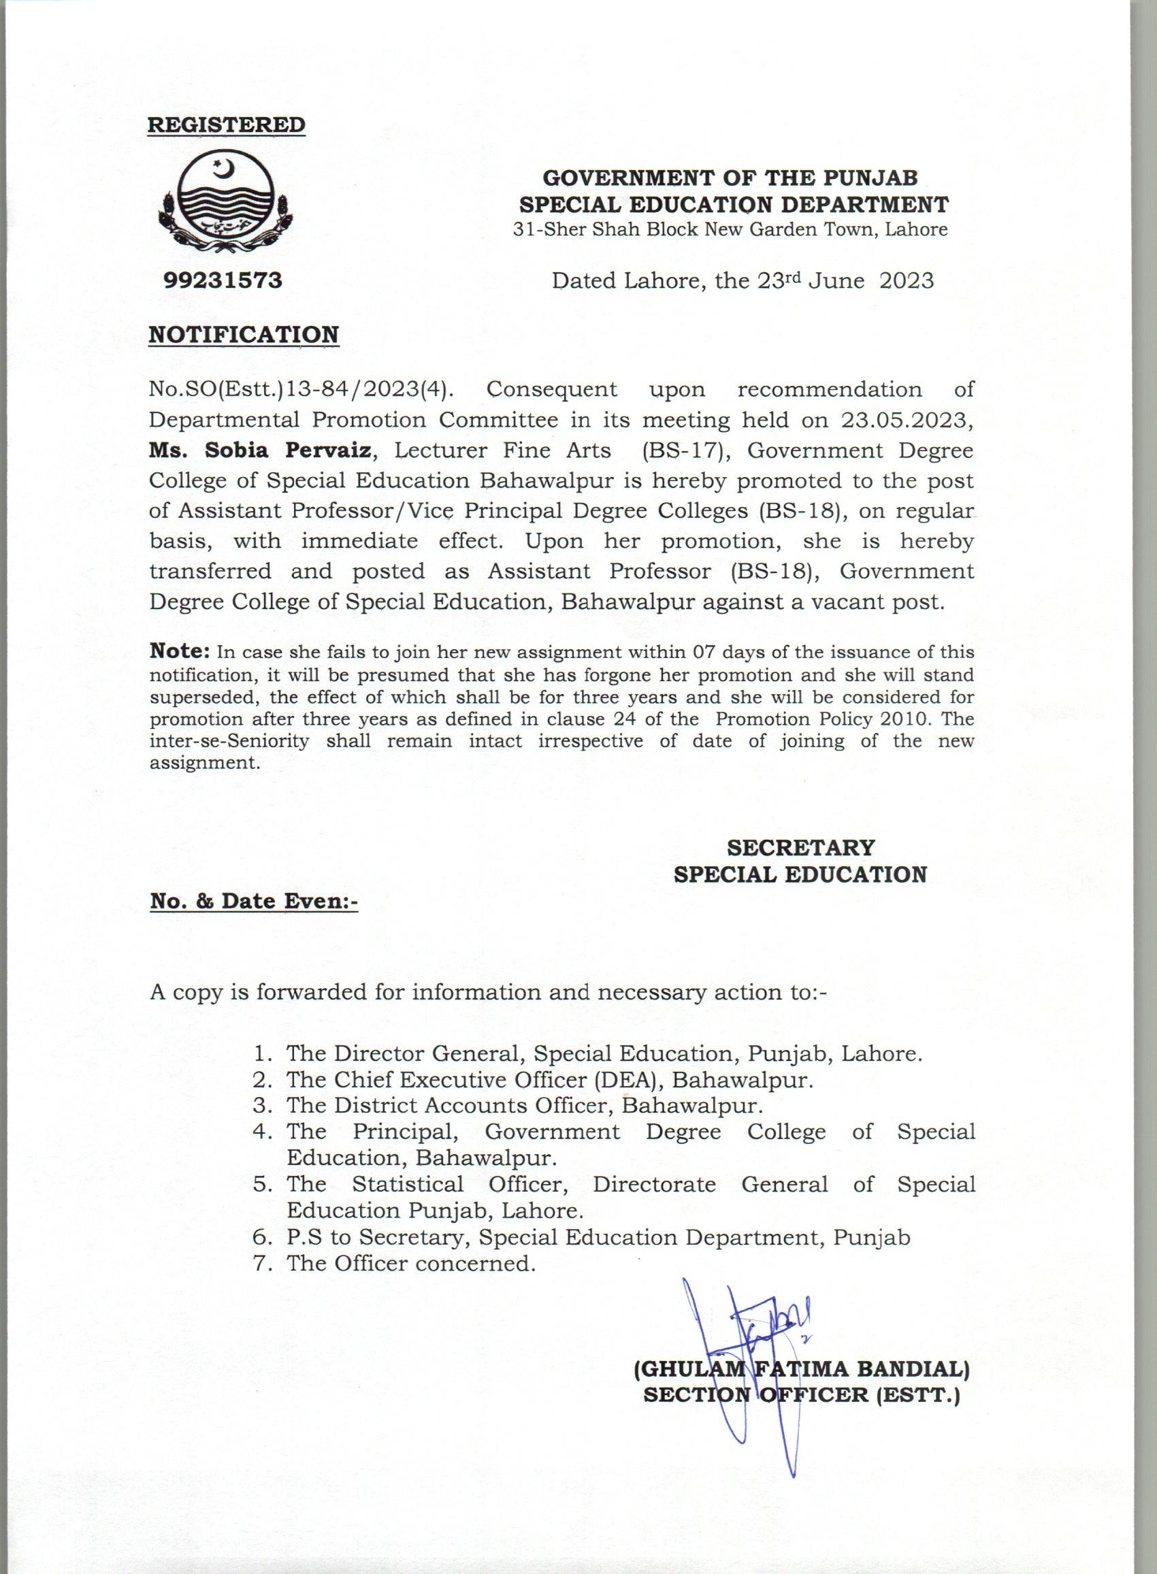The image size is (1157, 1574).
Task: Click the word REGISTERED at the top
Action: click(226, 125)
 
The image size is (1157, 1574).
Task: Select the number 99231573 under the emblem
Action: click(223, 281)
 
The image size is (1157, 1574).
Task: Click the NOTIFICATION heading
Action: click(244, 334)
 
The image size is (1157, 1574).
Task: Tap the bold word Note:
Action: click(179, 651)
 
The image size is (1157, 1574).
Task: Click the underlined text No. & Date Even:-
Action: click(254, 901)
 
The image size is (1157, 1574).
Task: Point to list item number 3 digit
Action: click(262, 1106)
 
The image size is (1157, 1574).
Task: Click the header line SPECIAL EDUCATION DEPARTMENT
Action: click(732, 204)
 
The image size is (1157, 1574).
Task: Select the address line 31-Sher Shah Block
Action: click(730, 229)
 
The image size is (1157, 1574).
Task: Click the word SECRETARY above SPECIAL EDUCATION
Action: click(800, 848)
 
